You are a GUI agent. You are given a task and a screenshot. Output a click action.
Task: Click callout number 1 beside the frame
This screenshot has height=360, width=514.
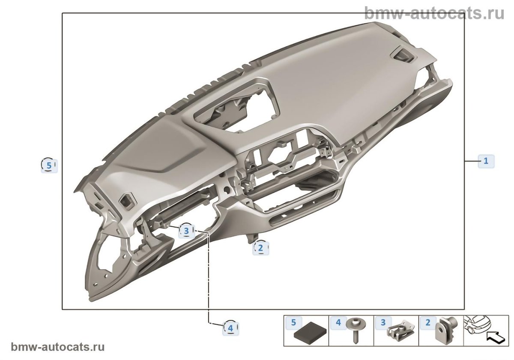point(486,161)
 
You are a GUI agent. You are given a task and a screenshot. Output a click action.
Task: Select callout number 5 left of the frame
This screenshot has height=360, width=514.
point(49,165)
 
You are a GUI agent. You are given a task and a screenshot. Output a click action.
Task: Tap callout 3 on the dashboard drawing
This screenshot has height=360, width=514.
point(186,231)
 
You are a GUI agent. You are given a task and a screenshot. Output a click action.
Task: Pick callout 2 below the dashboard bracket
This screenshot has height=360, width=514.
point(260,248)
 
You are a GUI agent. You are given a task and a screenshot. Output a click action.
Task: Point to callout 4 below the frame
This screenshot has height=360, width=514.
point(230,328)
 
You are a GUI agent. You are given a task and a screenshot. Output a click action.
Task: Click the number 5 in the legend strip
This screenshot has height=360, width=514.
point(293,323)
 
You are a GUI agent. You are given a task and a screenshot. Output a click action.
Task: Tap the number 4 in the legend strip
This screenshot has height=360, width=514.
point(338,323)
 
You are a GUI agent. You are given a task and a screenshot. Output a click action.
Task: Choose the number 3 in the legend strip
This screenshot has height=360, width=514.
point(383,323)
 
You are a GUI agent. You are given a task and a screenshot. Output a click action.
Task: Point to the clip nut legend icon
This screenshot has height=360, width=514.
point(401,331)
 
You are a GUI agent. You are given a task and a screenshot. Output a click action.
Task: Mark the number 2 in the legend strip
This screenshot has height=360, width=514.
point(427,323)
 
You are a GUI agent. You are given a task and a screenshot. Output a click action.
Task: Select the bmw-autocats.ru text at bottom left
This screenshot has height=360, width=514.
point(57,347)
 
